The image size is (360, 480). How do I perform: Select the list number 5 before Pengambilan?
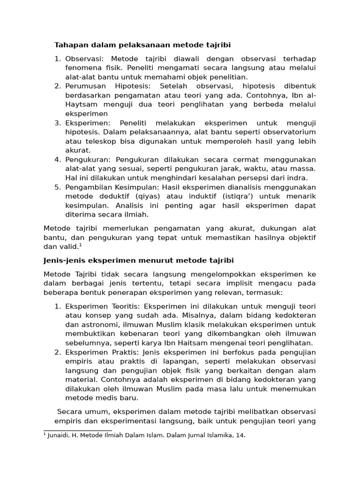[58, 187]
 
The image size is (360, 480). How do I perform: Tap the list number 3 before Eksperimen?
[58, 123]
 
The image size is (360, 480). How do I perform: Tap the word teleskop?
[100, 142]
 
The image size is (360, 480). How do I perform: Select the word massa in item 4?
[303, 169]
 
